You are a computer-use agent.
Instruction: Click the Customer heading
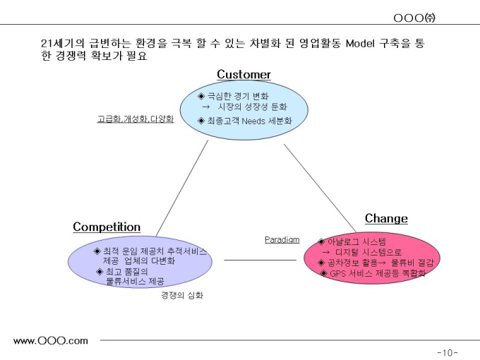coord(244,74)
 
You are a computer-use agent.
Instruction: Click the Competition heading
coord(107,227)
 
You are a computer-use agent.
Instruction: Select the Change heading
coord(386,218)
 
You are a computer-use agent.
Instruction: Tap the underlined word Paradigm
coord(282,239)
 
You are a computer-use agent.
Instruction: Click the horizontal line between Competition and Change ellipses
coord(260,260)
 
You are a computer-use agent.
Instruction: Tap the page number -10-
coord(448,352)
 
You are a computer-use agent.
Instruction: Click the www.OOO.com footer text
coord(51,340)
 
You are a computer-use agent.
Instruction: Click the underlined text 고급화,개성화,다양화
coord(135,119)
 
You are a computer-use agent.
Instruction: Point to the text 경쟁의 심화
coord(182,296)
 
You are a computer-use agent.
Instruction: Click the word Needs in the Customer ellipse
coord(253,121)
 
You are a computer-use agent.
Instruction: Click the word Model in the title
coord(360,44)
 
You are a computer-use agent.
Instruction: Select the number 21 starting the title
coord(47,44)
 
